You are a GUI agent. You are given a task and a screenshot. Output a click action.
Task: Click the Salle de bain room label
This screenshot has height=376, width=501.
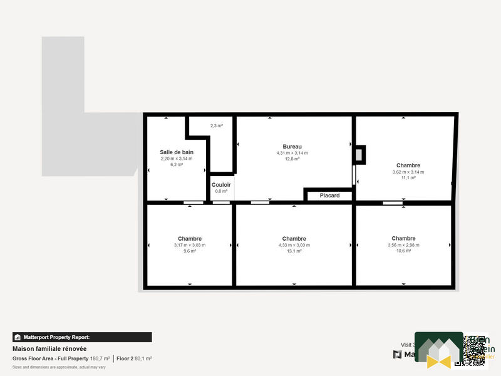177,152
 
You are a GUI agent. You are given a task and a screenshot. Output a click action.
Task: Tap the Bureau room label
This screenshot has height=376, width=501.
292,146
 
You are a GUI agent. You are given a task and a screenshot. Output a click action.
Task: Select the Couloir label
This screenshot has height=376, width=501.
221,185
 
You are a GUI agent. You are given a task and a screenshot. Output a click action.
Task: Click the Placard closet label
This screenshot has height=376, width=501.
329,196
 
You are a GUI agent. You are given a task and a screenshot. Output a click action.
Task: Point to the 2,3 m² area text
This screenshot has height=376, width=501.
217,126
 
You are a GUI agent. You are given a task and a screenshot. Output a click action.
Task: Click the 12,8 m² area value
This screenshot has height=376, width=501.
292,159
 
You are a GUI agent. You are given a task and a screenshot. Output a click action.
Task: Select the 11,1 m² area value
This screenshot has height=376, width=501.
408,178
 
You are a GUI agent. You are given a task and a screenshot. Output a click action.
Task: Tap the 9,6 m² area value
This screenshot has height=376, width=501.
190,251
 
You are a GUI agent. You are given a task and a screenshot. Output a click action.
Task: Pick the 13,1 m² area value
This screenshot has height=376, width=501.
294,251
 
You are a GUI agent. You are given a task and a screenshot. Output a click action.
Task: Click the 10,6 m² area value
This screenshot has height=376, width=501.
403,251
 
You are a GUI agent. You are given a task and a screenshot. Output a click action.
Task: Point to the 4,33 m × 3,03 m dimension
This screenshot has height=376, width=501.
294,245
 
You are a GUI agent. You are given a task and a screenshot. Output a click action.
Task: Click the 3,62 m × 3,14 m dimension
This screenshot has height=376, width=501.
408,172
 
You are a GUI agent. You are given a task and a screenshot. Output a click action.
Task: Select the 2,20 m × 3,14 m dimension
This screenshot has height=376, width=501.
177,159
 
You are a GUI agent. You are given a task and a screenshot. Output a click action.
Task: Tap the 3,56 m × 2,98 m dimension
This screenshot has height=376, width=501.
403,245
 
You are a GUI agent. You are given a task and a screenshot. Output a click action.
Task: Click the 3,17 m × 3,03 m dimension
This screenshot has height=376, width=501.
190,245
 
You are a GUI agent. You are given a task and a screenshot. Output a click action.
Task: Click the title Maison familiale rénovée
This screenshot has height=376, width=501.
49,348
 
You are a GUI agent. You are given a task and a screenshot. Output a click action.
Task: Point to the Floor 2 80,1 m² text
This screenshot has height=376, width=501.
135,358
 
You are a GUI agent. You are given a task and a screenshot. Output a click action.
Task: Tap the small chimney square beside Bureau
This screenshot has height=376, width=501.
359,154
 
